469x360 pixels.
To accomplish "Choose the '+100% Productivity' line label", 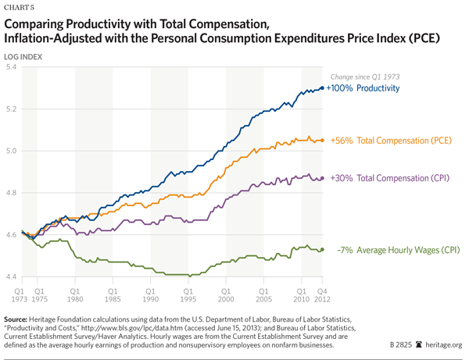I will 363,88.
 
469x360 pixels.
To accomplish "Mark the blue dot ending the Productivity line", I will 321,88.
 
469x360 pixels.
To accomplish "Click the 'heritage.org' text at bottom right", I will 444,344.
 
